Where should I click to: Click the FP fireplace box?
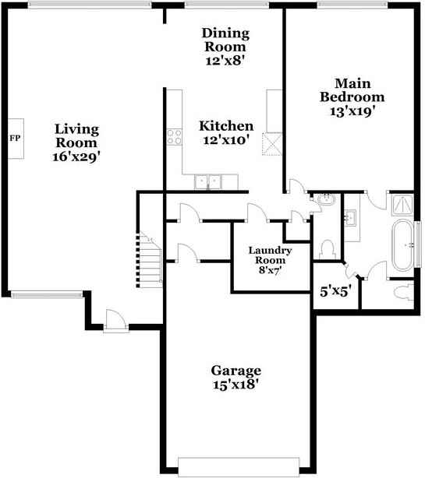(x=15, y=139)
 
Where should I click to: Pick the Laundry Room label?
(x=270, y=255)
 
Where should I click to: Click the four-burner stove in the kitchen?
(x=174, y=138)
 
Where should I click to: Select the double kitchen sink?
(x=208, y=181)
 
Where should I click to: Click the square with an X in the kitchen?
(x=272, y=144)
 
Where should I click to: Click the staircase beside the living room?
(x=148, y=258)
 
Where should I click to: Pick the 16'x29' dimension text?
(x=76, y=156)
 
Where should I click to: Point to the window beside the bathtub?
(x=420, y=243)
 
